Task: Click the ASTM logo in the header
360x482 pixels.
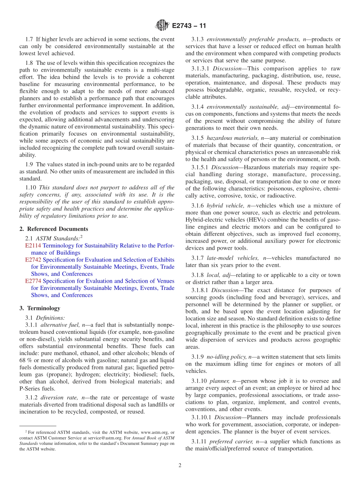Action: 162,26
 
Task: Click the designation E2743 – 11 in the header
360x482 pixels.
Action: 189,26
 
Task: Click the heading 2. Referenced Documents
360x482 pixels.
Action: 53,229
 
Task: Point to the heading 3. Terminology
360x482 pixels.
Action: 39,308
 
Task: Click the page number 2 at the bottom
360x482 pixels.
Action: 180,466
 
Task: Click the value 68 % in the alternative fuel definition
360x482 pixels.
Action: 25,360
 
